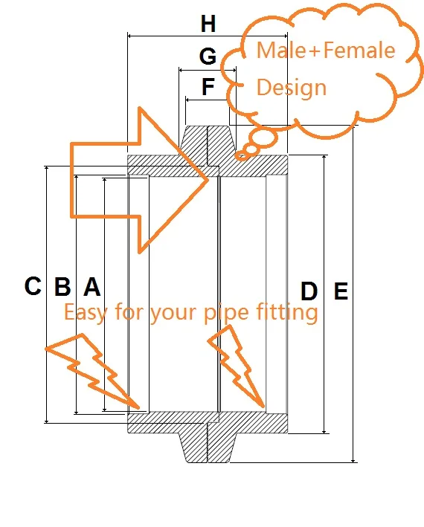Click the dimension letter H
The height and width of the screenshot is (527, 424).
click(208, 24)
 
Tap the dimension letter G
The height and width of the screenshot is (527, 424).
click(208, 56)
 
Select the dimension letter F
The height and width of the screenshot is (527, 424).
click(208, 86)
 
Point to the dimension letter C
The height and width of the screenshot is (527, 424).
click(33, 286)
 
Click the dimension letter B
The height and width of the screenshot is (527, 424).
click(62, 287)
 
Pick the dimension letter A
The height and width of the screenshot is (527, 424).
click(91, 287)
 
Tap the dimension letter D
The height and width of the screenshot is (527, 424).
click(309, 291)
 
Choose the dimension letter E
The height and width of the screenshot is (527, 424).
click(341, 291)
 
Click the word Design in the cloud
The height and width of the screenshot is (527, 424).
click(292, 88)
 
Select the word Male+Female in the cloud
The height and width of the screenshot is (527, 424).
click(326, 50)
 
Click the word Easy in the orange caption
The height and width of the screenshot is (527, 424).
click(86, 313)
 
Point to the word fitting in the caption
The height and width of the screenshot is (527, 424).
click(287, 313)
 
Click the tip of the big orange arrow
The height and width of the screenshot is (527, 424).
click(208, 180)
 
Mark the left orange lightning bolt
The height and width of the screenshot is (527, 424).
click(92, 372)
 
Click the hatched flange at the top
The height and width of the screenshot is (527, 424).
click(208, 140)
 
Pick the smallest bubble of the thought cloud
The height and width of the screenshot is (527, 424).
click(241, 156)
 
